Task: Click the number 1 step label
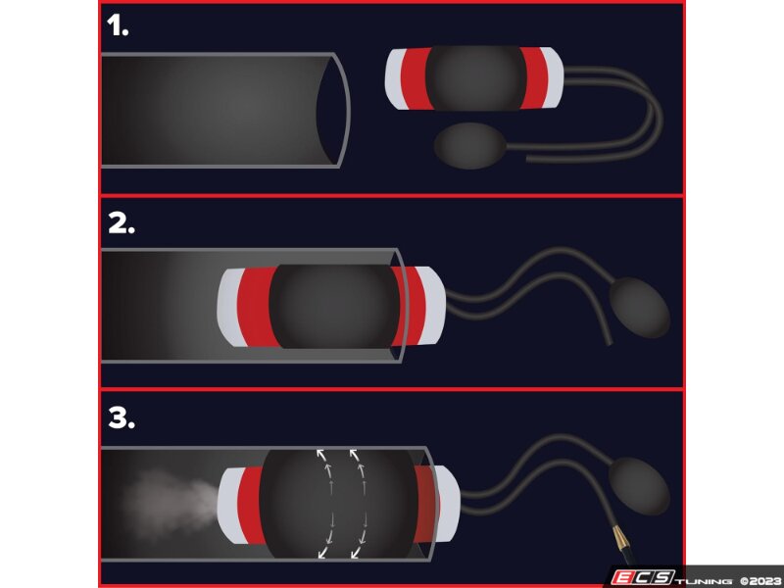coord(118,26)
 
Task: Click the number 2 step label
coord(121,222)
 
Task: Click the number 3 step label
coord(121,418)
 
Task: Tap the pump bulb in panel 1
coord(469,146)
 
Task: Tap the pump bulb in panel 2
coord(641,306)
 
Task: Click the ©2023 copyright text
coord(759,577)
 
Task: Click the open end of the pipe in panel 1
coord(333,109)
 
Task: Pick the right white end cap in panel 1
coord(553,78)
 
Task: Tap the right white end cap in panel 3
coord(446,502)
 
